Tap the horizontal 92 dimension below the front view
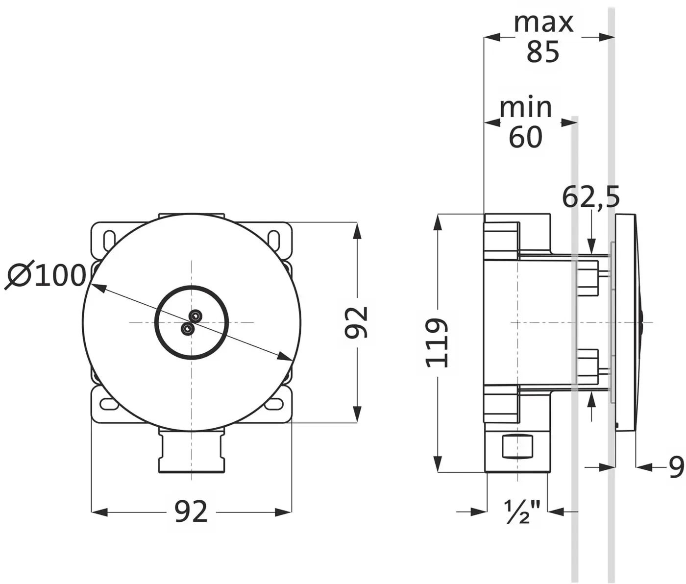(191, 512)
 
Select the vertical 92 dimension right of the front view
(356, 322)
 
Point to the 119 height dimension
(437, 343)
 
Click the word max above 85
(543, 23)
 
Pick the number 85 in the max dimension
(543, 51)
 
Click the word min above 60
(525, 107)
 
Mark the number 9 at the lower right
(676, 467)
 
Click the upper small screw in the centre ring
(195, 316)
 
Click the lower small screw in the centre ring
(188, 328)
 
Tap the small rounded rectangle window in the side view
(517, 446)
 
